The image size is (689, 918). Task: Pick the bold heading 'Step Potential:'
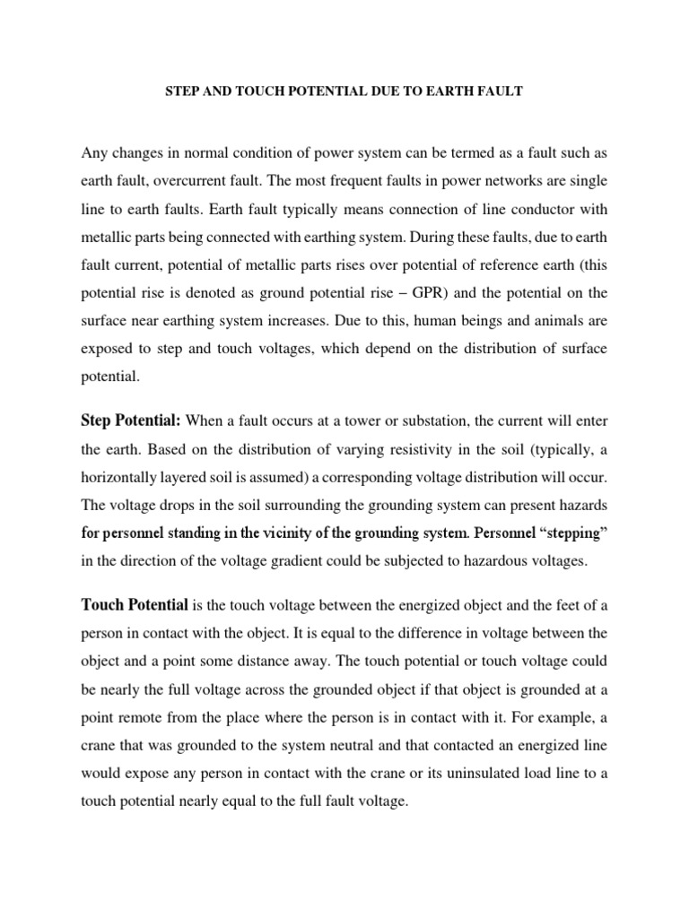tap(131, 420)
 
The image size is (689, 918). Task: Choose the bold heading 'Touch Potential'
tap(135, 605)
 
